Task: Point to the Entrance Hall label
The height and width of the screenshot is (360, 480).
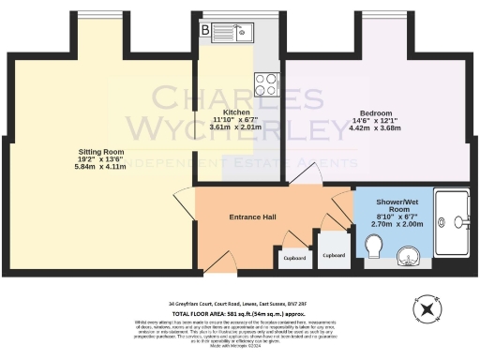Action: [252, 217]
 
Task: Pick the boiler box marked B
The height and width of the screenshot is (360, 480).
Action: [205, 29]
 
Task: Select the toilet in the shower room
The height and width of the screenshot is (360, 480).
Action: [376, 246]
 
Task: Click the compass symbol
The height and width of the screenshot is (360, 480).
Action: [427, 307]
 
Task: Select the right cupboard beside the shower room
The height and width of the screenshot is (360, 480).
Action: [334, 253]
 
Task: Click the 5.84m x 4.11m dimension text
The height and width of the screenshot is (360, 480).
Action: [99, 167]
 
